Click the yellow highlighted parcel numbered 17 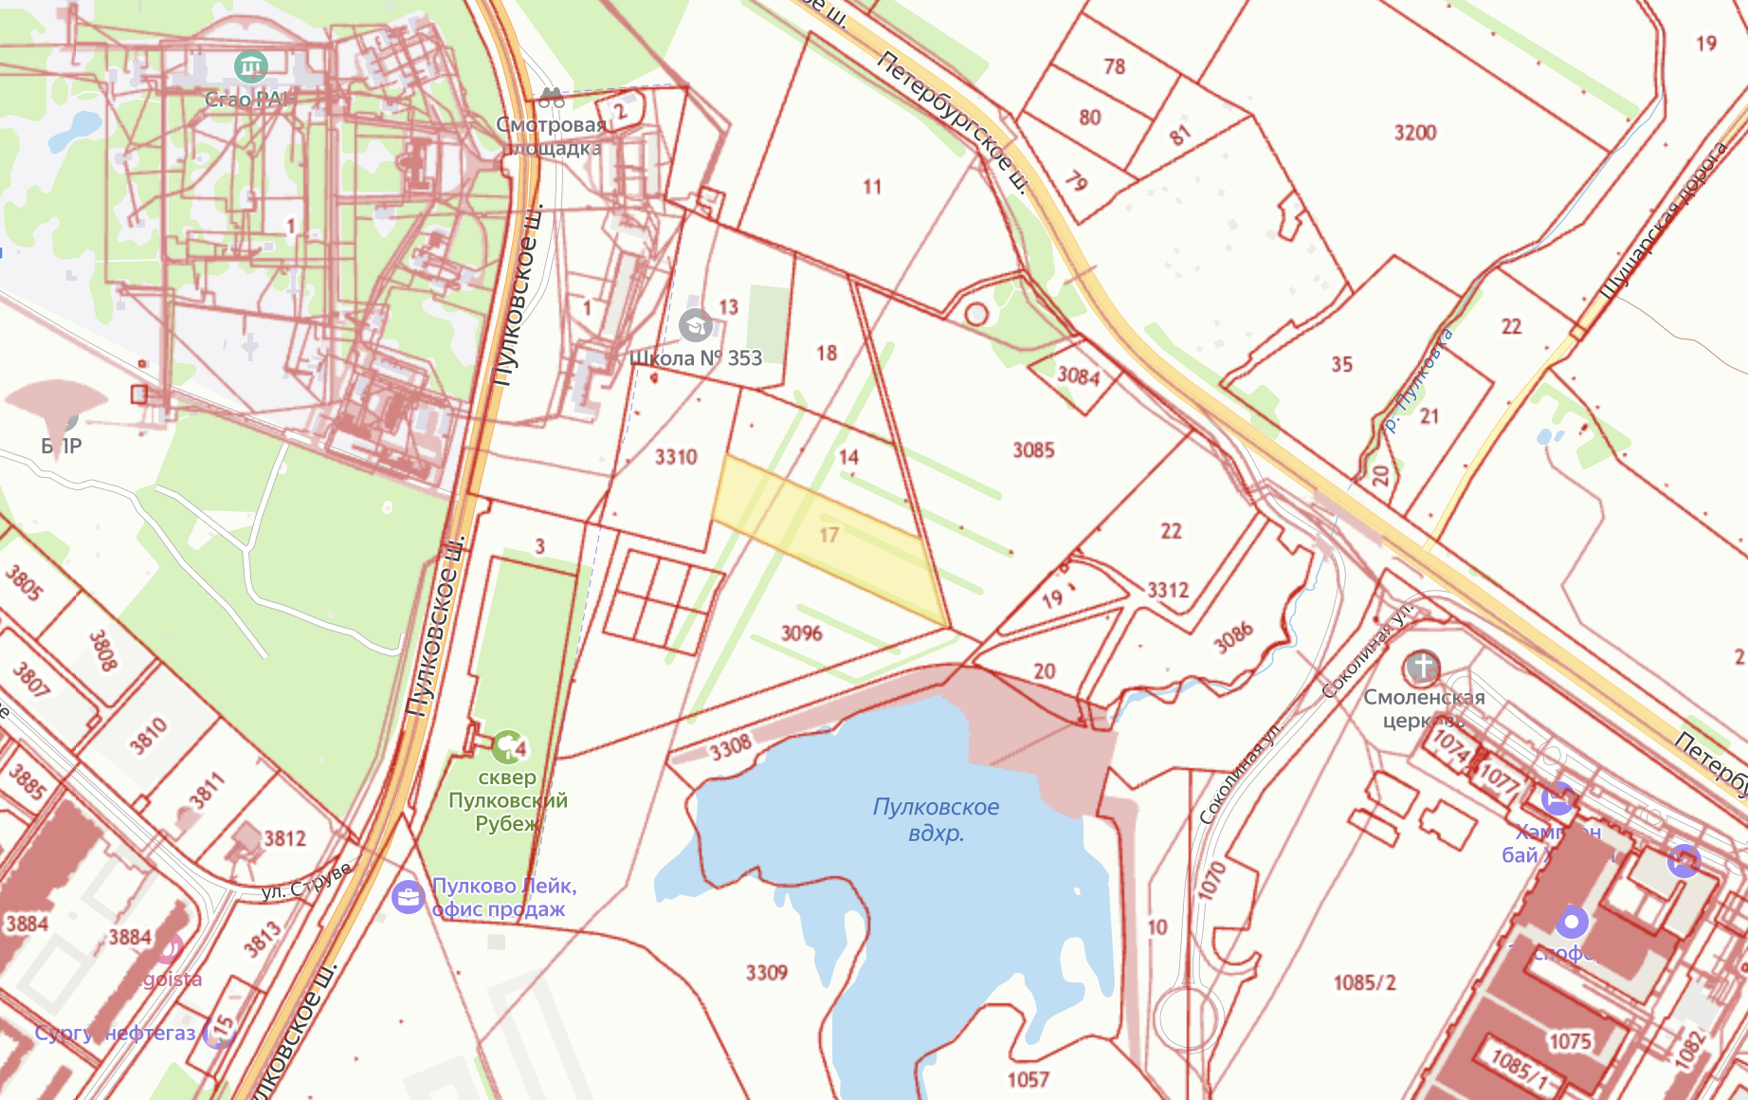pyautogui.click(x=828, y=536)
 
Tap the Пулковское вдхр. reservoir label pyautogui.click(x=936, y=819)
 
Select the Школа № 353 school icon pyautogui.click(x=696, y=325)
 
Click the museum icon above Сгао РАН pyautogui.click(x=250, y=66)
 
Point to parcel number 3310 pyautogui.click(x=676, y=457)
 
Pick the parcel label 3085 pyautogui.click(x=1033, y=450)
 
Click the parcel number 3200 pyautogui.click(x=1414, y=133)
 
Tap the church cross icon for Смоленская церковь pyautogui.click(x=1422, y=667)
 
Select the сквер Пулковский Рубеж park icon pyautogui.click(x=508, y=746)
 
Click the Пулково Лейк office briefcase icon pyautogui.click(x=408, y=896)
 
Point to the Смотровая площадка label pyautogui.click(x=551, y=137)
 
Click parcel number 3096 pyautogui.click(x=801, y=632)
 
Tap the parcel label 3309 pyautogui.click(x=766, y=973)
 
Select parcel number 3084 pyautogui.click(x=1079, y=376)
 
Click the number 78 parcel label pyautogui.click(x=1114, y=66)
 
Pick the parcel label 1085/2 pyautogui.click(x=1364, y=982)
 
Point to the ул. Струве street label pyautogui.click(x=305, y=883)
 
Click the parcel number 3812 pyautogui.click(x=284, y=838)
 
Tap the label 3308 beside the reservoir pyautogui.click(x=731, y=748)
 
